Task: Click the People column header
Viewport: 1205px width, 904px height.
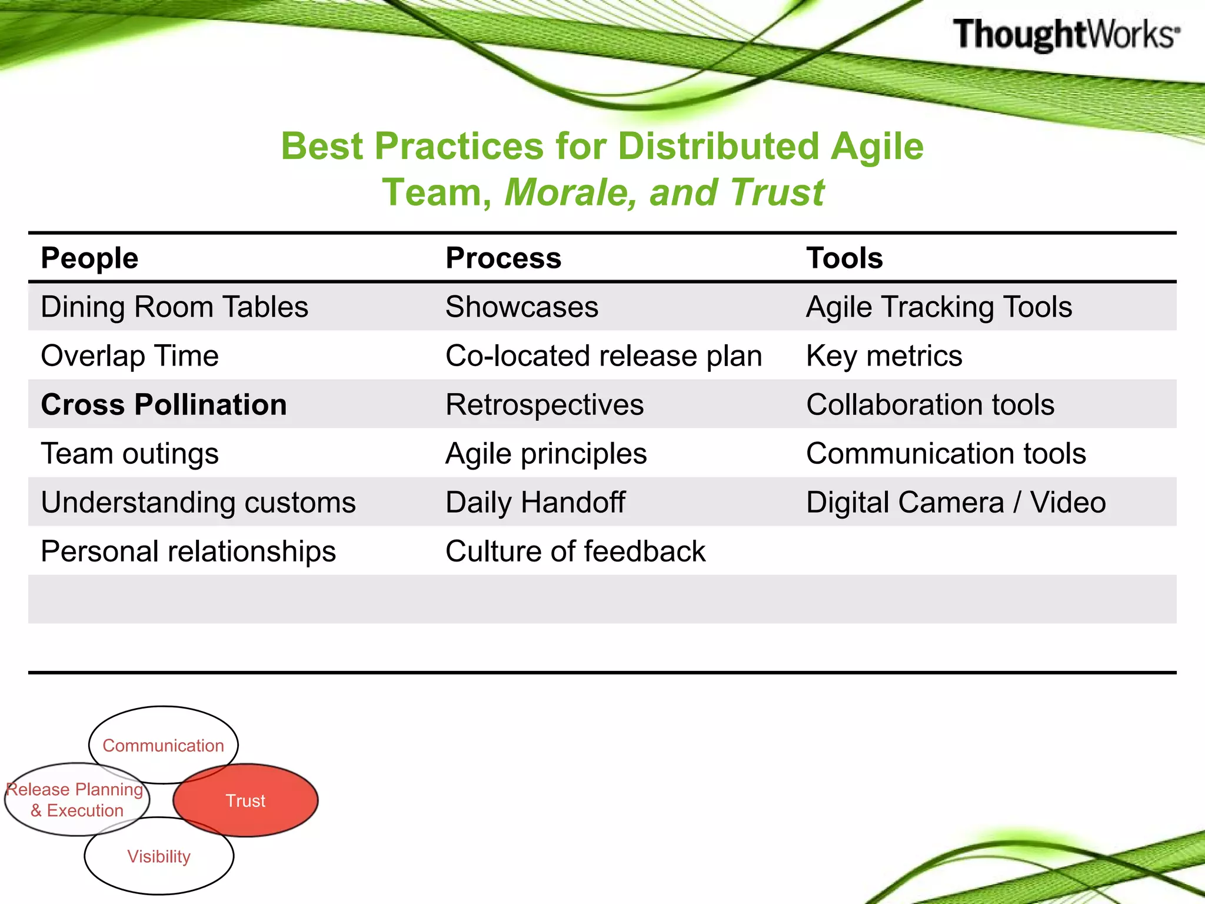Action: (89, 258)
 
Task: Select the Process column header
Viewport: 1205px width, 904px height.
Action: (503, 258)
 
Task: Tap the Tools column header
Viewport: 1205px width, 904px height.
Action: (844, 258)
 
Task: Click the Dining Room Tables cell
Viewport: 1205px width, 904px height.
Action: (174, 307)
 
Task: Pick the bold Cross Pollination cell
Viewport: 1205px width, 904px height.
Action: (164, 404)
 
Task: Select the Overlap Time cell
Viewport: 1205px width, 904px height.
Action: (129, 355)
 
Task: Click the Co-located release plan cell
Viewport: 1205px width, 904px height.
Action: (604, 355)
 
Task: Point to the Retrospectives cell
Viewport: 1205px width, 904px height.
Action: (544, 404)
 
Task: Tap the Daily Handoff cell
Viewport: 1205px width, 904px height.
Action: (535, 502)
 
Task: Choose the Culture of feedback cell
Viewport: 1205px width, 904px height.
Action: (575, 551)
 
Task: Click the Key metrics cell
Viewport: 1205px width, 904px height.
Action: (884, 355)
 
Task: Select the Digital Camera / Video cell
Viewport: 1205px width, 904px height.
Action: (956, 502)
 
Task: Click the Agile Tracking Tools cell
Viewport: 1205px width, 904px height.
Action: (939, 307)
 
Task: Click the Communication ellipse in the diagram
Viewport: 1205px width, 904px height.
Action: (164, 736)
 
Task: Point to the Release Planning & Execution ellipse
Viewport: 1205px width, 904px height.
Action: (75, 799)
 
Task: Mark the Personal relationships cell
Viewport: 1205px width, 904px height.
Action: (188, 551)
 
